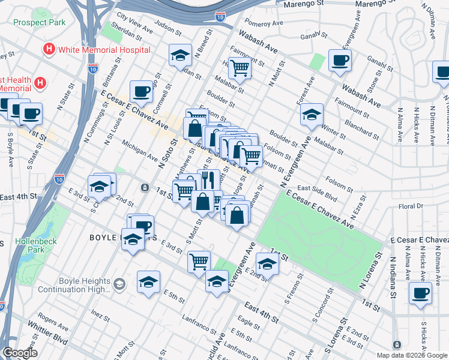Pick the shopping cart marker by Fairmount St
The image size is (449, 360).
[x=240, y=68]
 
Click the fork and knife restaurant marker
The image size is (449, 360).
[x=208, y=179]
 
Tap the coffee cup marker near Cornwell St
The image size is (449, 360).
[x=141, y=92]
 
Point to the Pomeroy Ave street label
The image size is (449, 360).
[x=268, y=24]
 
